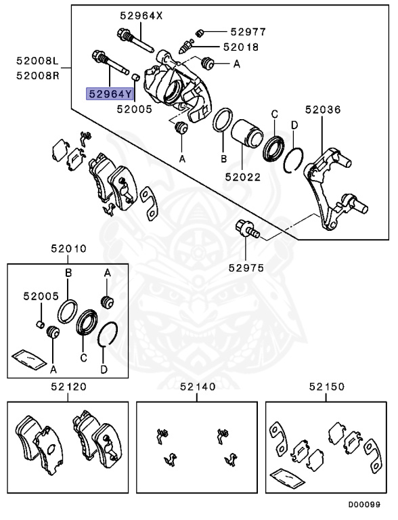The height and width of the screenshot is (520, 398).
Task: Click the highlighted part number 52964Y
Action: coord(108,93)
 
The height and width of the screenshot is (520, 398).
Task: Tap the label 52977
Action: coord(248,31)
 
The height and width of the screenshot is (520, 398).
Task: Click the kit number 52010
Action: coord(68,248)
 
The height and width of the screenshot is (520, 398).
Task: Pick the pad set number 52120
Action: coord(68,387)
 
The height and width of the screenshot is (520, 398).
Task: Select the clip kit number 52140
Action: coord(197,387)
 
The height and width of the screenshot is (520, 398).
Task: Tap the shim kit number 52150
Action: coord(327,387)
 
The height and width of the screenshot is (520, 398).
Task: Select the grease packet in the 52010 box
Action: coord(26,356)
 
